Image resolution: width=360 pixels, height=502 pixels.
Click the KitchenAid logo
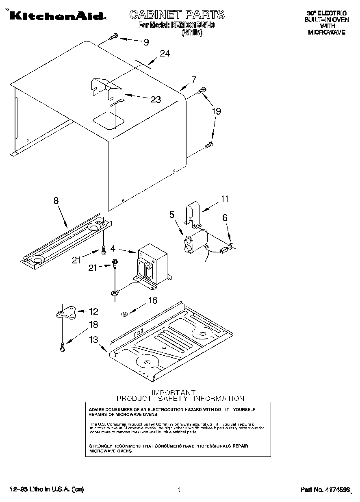[57, 16]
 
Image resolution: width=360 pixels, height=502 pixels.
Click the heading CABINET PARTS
[176, 15]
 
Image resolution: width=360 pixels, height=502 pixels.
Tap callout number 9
[146, 42]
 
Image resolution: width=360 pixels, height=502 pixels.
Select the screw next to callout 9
[113, 38]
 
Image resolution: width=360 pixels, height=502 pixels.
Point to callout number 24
[165, 53]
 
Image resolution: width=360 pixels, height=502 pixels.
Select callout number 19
[217, 111]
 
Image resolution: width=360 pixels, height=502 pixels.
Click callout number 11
[224, 199]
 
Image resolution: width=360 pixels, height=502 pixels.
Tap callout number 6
[225, 217]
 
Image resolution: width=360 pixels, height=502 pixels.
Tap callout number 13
[94, 339]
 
